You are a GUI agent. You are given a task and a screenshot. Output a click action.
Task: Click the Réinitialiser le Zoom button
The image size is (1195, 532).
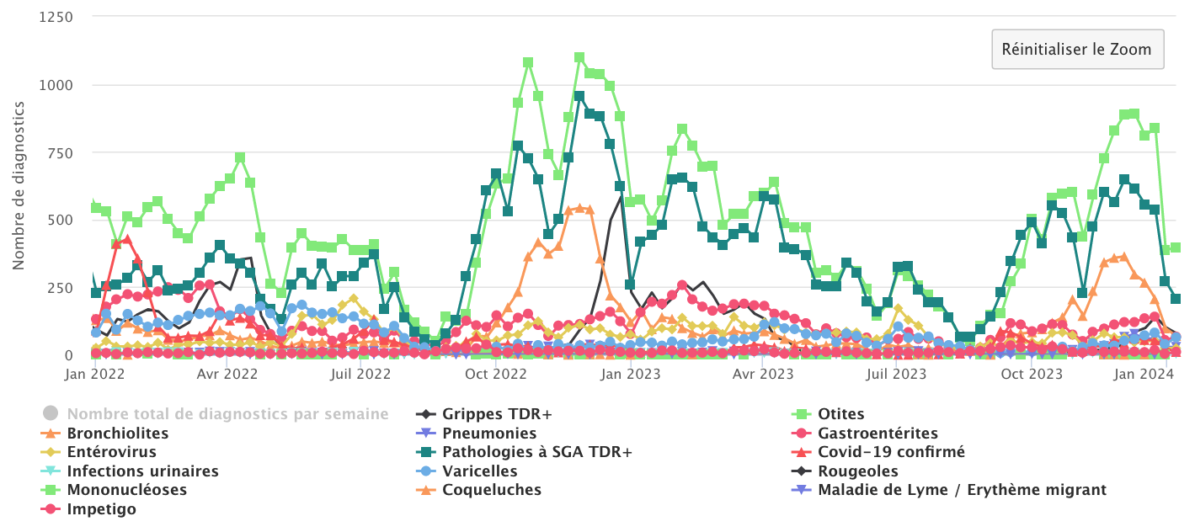1077,49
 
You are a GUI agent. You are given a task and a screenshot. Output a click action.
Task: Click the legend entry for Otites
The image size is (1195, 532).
840,413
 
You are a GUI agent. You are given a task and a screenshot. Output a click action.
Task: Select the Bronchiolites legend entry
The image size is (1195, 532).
117,434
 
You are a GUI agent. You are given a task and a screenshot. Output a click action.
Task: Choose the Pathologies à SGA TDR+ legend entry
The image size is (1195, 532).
537,452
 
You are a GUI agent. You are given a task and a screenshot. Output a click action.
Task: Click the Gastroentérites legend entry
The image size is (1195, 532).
877,434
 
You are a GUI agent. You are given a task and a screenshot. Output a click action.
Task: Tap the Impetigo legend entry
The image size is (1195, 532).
101,509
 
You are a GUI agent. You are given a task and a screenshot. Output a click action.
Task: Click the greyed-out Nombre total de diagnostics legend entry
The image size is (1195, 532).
227,413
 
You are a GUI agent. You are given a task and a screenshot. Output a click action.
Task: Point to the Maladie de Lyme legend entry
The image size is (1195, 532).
962,490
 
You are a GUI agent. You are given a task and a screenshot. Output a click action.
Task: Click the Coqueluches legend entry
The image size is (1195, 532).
492,490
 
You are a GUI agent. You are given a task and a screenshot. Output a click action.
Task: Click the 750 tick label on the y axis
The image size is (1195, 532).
59,152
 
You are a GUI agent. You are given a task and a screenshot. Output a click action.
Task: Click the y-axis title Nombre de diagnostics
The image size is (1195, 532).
19,186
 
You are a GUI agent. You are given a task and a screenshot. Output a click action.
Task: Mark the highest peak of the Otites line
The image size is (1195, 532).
579,58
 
